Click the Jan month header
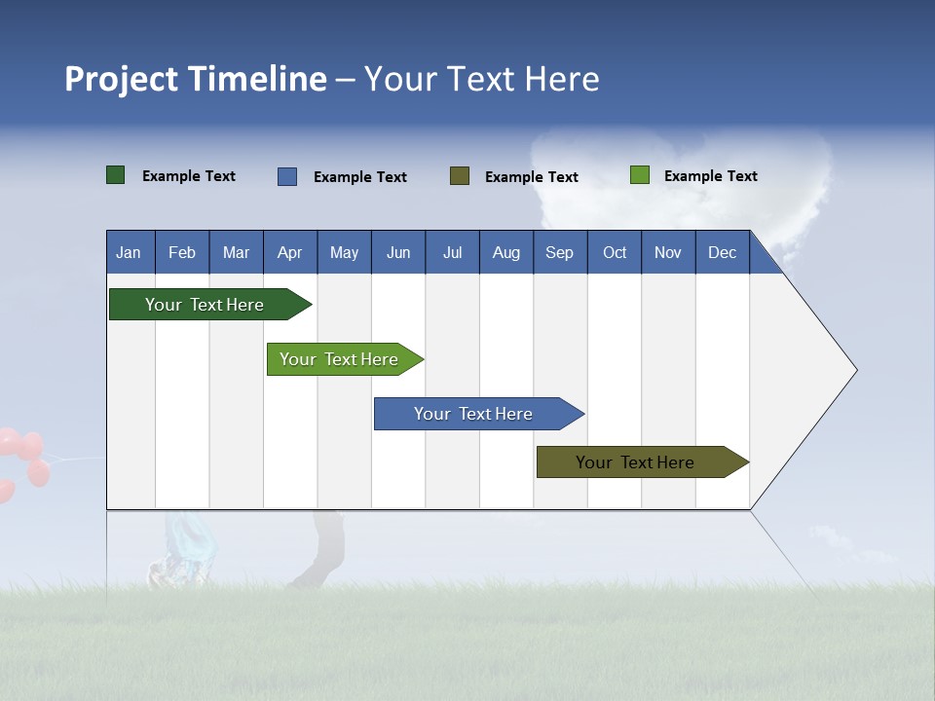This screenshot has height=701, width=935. pos(129,252)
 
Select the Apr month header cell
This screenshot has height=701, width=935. pos(290,252)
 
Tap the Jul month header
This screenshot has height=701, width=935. pos(452,252)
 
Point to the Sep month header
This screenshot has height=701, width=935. pos(560,252)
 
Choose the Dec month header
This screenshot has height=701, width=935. pos(722,252)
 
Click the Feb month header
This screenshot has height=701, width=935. pos(182,252)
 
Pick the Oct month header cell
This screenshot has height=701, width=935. pos(615,252)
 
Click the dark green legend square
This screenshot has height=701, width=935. pos(116,175)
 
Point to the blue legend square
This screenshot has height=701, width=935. pos(287,176)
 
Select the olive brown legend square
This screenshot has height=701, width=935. pos(460,176)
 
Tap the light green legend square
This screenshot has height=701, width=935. pos(640,175)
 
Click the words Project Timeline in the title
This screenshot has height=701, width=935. pos(196,79)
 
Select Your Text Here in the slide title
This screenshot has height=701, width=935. pos(482,79)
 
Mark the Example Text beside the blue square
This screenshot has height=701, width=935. pos(360,177)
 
